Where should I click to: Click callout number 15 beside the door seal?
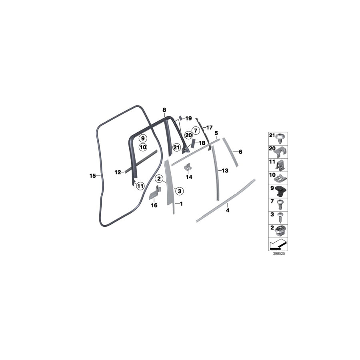(92, 175)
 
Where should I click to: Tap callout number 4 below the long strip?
(227, 210)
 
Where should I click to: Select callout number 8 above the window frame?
(164, 110)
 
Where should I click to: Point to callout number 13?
(225, 170)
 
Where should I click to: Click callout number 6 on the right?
(240, 152)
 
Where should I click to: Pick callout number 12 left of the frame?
(118, 172)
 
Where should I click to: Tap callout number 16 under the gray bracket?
(154, 206)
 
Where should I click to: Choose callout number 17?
(209, 128)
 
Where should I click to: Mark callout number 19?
(188, 118)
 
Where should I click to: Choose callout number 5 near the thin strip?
(216, 133)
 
